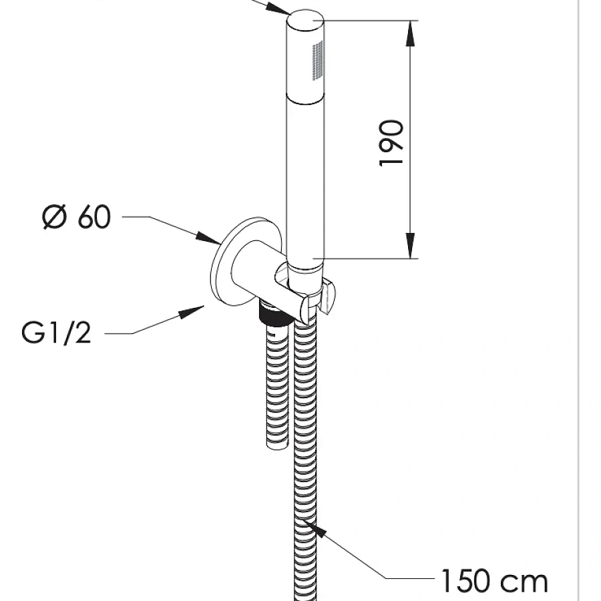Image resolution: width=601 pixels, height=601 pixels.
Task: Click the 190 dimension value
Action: point(392,143)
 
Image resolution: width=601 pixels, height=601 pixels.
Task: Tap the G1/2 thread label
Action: point(56,332)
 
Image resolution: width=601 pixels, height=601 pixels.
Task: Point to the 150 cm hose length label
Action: point(493,580)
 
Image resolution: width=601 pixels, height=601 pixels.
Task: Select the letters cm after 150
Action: point(524,580)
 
